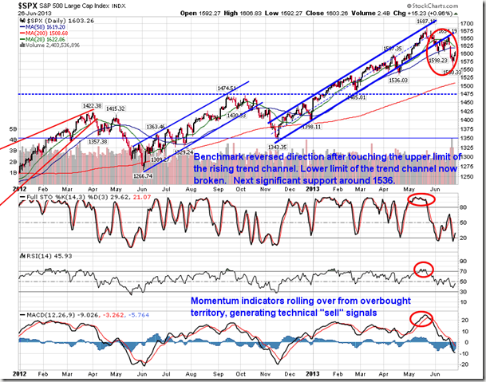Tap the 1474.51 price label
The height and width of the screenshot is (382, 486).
pyautogui.click(x=229, y=89)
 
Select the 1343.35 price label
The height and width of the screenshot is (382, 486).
pyautogui.click(x=277, y=147)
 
